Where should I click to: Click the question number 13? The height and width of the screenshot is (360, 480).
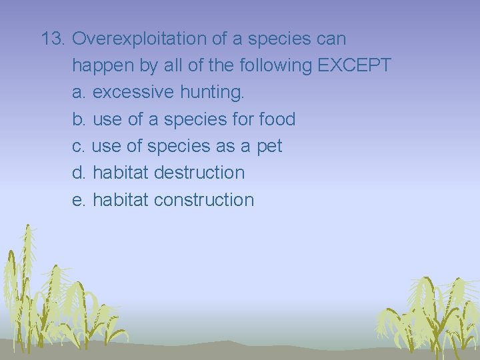(x=53, y=39)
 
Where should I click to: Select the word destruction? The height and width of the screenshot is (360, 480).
(x=199, y=173)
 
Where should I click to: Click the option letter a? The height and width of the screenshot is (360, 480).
(x=77, y=93)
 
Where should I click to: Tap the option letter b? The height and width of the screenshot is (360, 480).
(x=77, y=119)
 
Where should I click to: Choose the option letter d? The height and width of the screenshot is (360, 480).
(x=77, y=173)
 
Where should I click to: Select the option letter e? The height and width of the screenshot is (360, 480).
(x=77, y=199)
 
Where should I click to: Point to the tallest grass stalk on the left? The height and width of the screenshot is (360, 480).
(x=27, y=267)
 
